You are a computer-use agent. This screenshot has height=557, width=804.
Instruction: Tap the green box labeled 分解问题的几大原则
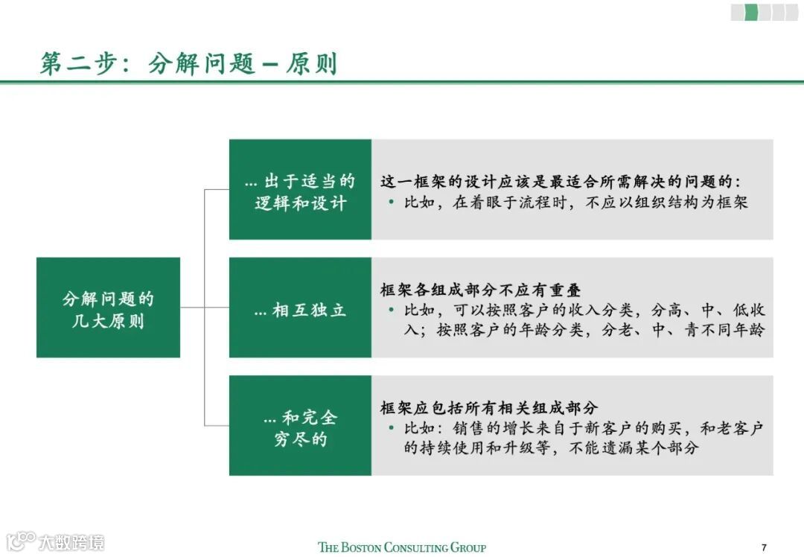[108, 308]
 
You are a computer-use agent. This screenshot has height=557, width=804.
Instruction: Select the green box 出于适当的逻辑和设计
[300, 190]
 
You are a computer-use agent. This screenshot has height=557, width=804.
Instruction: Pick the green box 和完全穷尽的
[300, 427]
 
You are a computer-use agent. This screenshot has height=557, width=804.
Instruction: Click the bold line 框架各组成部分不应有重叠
[480, 290]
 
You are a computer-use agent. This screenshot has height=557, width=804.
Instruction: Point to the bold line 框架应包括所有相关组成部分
[489, 407]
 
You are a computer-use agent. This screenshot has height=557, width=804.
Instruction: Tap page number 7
[764, 547]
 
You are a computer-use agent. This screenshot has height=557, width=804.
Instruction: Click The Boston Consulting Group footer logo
[402, 547]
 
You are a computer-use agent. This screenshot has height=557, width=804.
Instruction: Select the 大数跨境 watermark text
[71, 541]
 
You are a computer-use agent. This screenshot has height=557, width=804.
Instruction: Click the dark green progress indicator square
[751, 12]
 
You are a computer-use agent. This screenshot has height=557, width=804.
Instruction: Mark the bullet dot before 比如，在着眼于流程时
[392, 203]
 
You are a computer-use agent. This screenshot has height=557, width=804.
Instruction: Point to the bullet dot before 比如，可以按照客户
[392, 310]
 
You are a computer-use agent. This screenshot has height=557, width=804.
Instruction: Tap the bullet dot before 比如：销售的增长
[392, 428]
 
